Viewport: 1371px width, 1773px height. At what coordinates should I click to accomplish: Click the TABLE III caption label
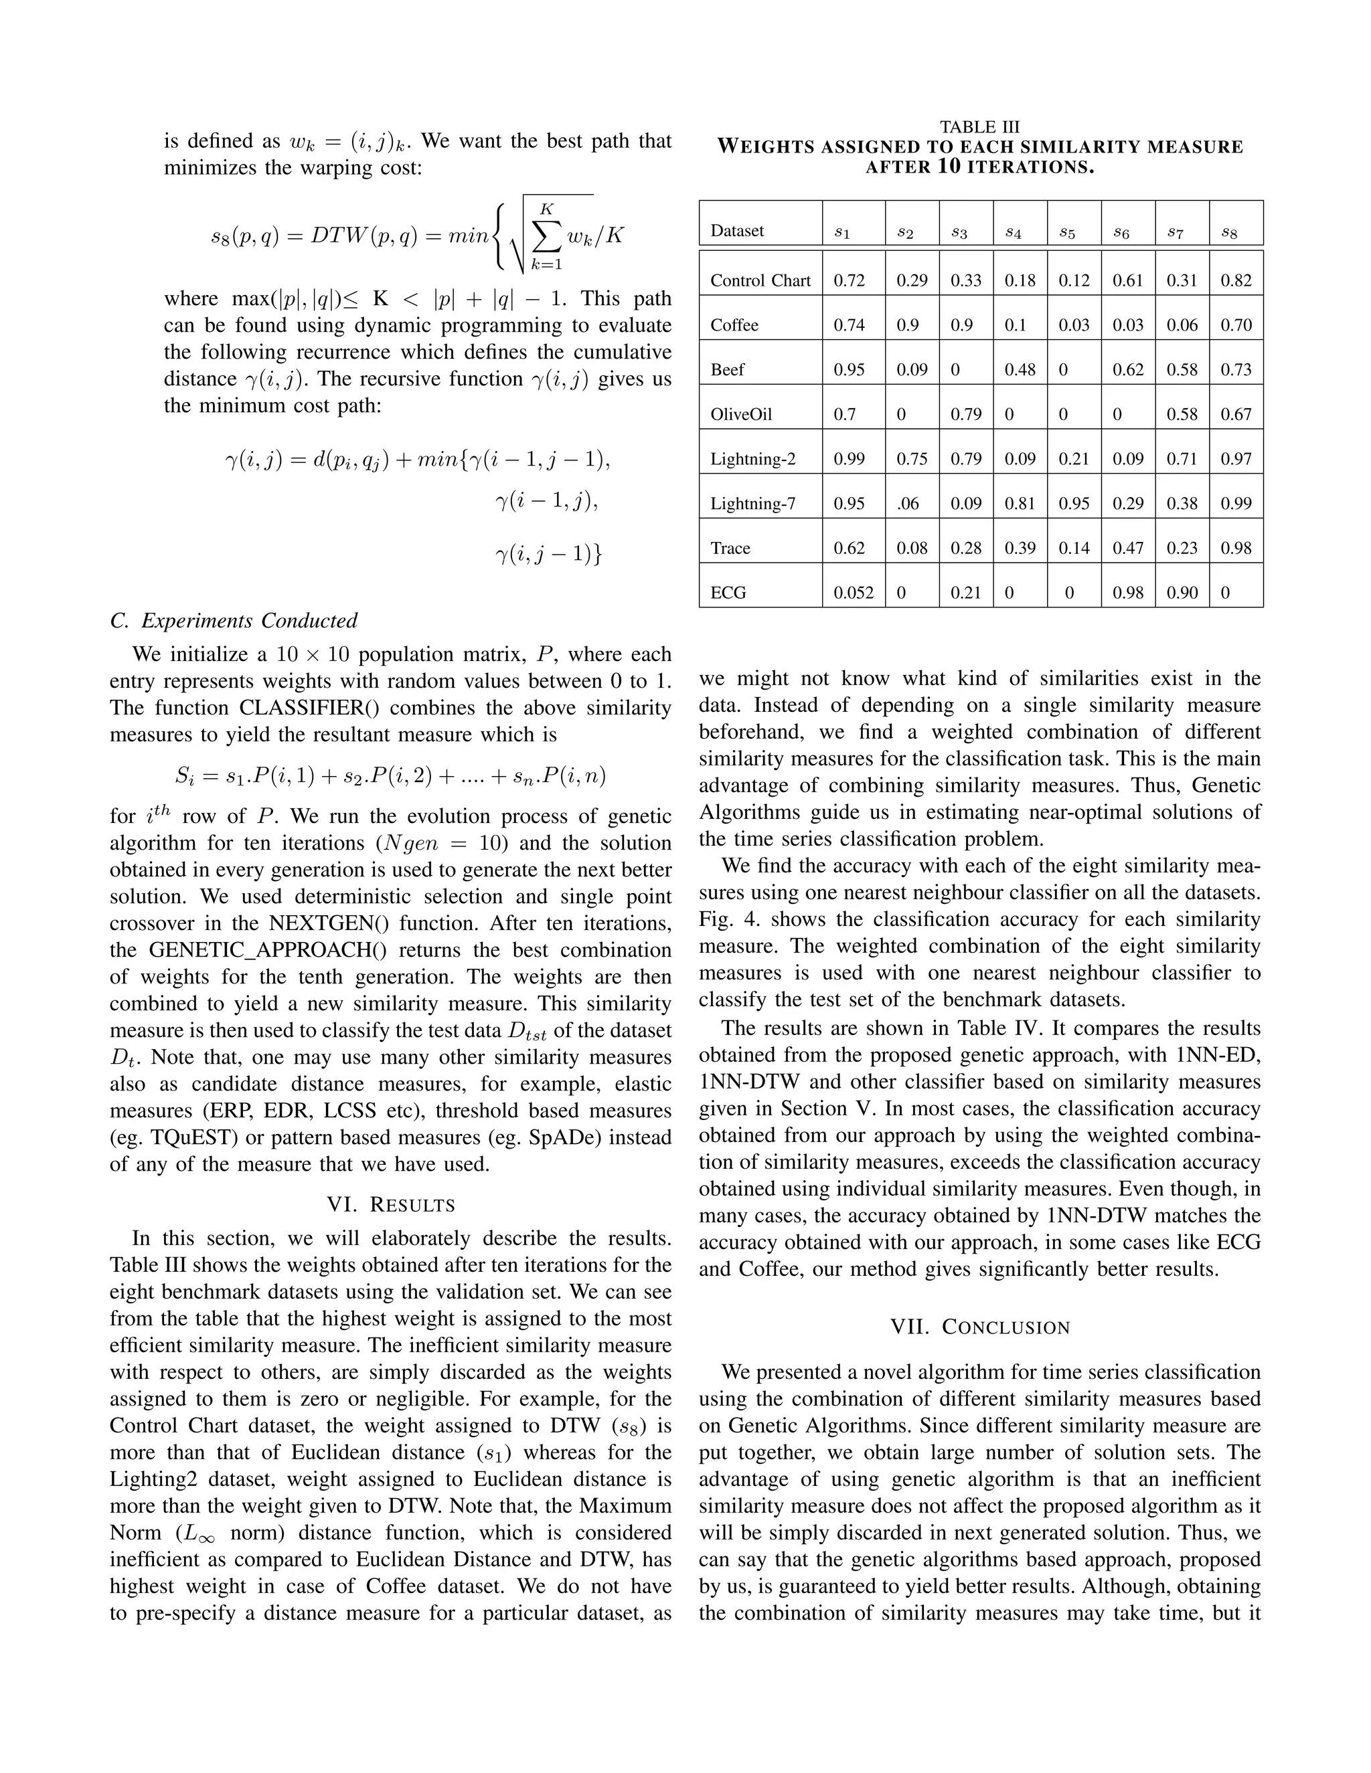[x=979, y=126]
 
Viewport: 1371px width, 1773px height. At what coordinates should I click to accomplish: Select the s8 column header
[x=1229, y=233]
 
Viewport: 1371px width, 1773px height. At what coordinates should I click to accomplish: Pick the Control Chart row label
[x=760, y=281]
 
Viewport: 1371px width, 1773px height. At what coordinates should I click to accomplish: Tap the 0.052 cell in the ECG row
[x=854, y=593]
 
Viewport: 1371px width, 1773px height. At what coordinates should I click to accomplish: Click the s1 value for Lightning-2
[x=849, y=460]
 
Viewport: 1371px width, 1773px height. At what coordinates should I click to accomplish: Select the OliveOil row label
[x=741, y=415]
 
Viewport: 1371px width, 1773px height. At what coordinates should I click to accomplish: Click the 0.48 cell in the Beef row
[x=1020, y=370]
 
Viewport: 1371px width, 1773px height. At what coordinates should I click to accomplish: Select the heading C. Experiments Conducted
[x=233, y=621]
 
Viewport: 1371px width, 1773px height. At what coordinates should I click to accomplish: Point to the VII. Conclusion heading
[x=979, y=1327]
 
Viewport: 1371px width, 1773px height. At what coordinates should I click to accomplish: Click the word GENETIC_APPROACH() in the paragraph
[x=243, y=951]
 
